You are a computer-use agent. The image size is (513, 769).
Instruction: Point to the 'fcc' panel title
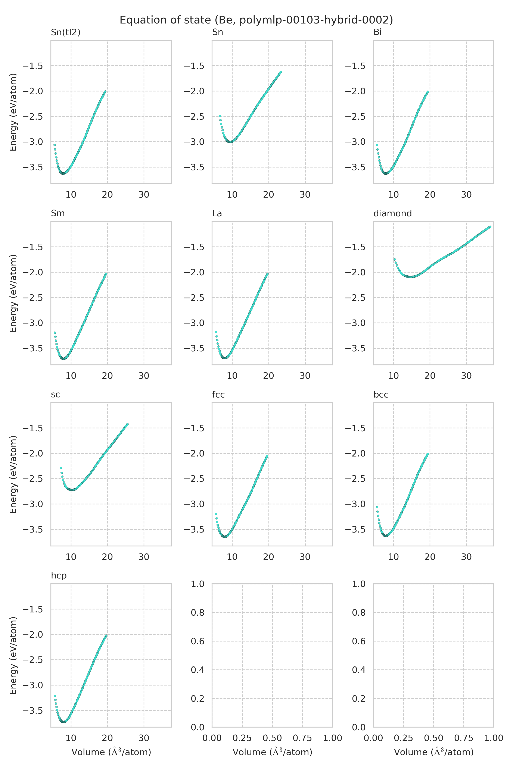pos(218,395)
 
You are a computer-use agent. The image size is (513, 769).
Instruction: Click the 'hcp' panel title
pos(59,575)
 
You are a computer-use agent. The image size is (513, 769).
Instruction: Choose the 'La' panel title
pos(217,213)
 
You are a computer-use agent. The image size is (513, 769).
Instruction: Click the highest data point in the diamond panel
pos(490,227)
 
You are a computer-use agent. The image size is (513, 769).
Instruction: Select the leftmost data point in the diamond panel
pos(395,259)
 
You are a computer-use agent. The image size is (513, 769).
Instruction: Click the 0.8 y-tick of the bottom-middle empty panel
pos(198,612)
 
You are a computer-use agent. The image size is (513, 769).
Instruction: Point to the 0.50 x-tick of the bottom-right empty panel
pos(433,738)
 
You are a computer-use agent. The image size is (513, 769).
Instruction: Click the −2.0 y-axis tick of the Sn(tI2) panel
pos(33,91)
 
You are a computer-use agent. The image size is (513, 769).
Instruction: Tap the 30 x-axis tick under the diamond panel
pos(466,376)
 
